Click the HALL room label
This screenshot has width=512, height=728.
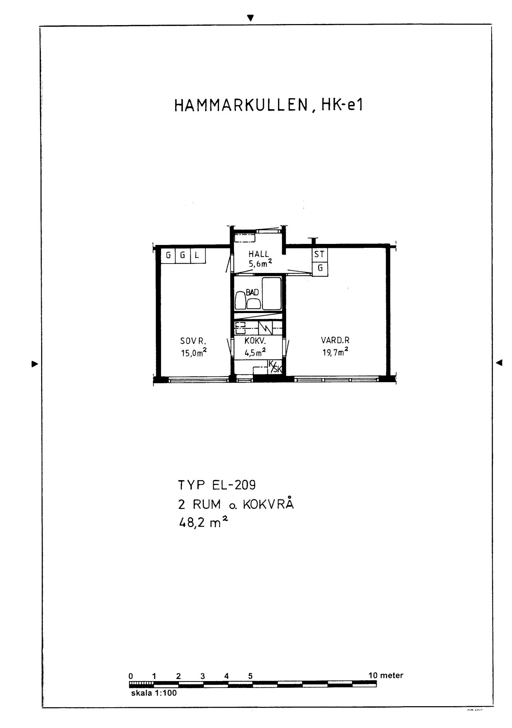(258, 254)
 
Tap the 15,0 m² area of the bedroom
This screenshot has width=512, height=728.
(194, 353)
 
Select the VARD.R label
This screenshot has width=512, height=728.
(335, 340)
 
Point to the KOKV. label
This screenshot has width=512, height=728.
(255, 341)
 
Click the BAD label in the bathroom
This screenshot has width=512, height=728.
(252, 292)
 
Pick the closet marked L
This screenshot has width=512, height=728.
(198, 256)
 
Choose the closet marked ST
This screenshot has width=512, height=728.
(320, 254)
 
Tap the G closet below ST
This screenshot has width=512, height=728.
(320, 269)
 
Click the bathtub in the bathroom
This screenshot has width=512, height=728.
(272, 293)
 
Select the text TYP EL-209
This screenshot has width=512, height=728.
(217, 485)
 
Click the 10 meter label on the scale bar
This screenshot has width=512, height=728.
(386, 676)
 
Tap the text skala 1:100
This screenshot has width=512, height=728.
(154, 693)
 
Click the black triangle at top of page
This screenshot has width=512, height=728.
(250, 17)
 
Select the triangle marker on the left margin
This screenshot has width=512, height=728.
(35, 363)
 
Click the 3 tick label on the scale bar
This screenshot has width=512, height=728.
(203, 676)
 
